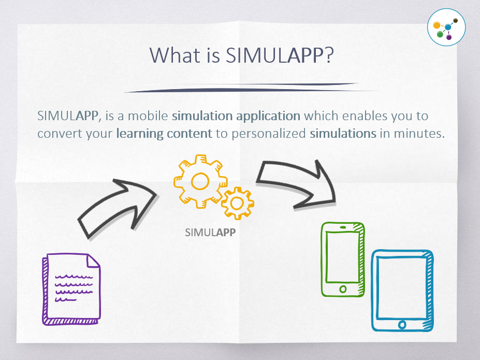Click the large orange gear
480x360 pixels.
click(x=200, y=181)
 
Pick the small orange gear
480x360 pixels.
click(x=238, y=203)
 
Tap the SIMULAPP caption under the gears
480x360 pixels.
click(x=210, y=233)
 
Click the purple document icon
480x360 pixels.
click(x=71, y=288)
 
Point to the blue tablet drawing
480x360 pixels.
click(x=402, y=290)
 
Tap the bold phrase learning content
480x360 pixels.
click(x=164, y=133)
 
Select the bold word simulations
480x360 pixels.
click(x=343, y=133)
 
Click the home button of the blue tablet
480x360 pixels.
click(x=402, y=325)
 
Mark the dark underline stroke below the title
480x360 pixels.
click(x=241, y=88)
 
